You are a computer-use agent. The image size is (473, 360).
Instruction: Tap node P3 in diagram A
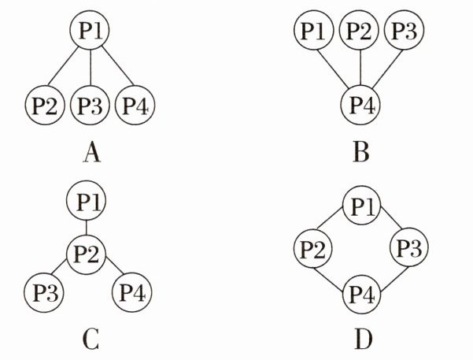[91, 106]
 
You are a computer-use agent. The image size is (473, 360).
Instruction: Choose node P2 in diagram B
[360, 32]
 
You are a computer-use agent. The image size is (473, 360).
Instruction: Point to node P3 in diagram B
[405, 32]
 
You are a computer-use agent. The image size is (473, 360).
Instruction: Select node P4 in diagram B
[360, 106]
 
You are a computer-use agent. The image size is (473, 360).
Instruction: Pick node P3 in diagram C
[45, 293]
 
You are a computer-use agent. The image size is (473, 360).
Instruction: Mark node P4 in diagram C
[136, 293]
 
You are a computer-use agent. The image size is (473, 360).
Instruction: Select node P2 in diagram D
[313, 251]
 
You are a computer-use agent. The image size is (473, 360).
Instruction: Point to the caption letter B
[360, 151]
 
